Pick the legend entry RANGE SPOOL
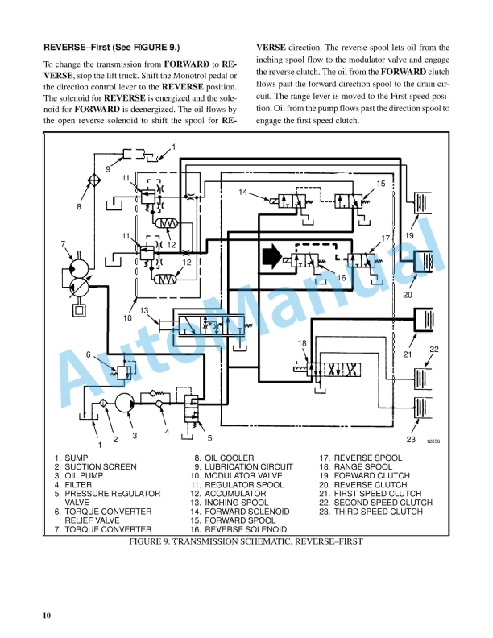click(x=363, y=466)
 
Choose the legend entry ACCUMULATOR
click(x=232, y=494)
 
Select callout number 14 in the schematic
click(x=243, y=192)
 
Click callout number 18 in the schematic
click(x=302, y=344)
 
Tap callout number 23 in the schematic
click(x=410, y=439)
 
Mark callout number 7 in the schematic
click(x=63, y=243)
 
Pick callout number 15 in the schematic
click(x=380, y=184)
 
